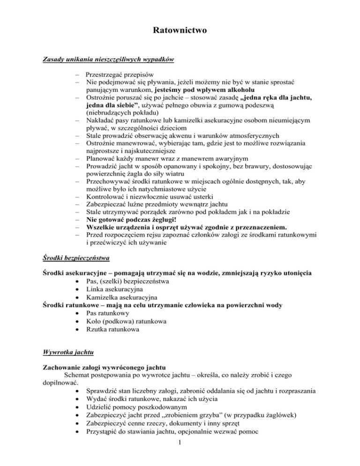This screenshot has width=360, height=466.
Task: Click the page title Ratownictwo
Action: click(180, 31)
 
